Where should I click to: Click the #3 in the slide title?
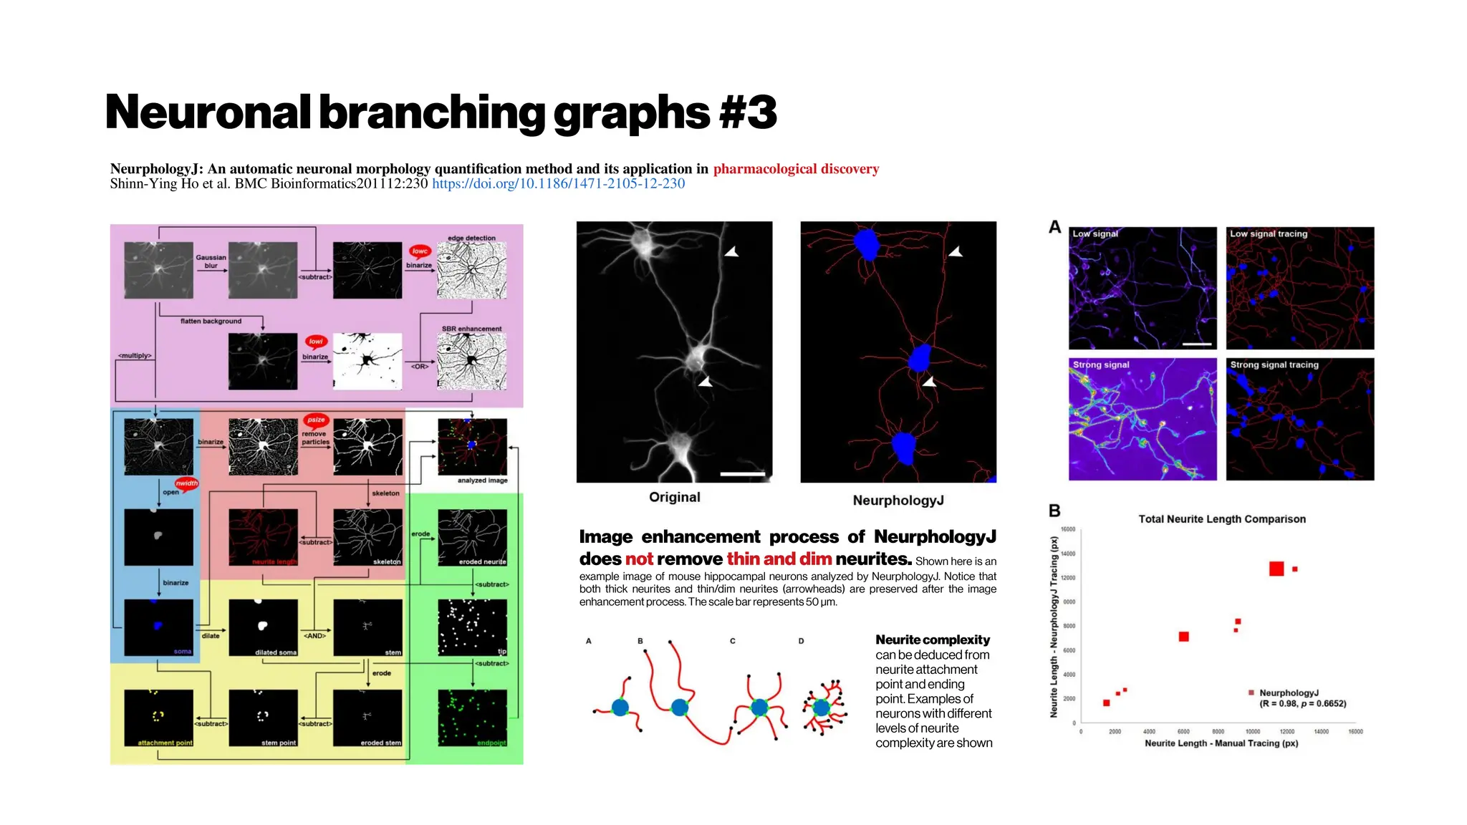[748, 113]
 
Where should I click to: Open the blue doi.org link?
[558, 184]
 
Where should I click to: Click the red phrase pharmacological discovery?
[796, 169]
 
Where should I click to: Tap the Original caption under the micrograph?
[674, 497]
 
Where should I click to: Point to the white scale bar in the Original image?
[742, 474]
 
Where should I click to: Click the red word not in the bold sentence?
[639, 559]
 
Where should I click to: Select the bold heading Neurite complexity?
[932, 640]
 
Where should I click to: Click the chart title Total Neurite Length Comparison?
[1221, 519]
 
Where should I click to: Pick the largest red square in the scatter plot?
[1276, 569]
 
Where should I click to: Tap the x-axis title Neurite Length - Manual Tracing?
[1221, 743]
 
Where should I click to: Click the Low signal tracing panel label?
[1268, 234]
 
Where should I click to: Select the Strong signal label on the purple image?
[1100, 365]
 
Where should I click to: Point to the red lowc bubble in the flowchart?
[420, 251]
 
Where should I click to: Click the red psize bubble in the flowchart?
[316, 420]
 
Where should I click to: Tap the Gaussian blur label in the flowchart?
[211, 261]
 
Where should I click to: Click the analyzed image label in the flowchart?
[482, 481]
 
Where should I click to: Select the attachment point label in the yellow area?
[165, 743]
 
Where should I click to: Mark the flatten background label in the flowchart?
[211, 322]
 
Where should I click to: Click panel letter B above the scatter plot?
[1054, 511]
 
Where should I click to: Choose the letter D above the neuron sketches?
[801, 641]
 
